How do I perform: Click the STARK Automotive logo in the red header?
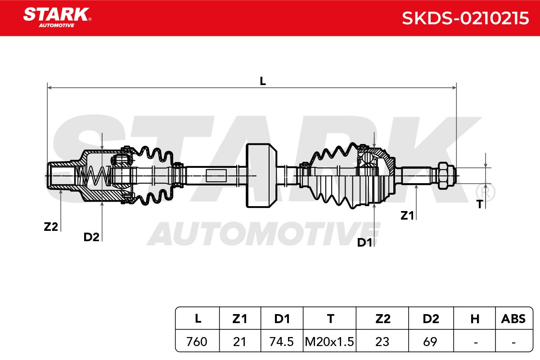(x=57, y=17)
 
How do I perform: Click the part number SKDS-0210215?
(x=465, y=18)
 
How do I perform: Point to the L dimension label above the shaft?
(x=263, y=81)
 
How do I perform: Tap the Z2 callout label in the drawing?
(x=51, y=227)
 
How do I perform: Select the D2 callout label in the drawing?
(x=91, y=237)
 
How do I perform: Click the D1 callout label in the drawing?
(x=364, y=243)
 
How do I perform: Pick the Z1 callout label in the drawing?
(x=407, y=216)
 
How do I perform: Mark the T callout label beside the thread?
(x=480, y=204)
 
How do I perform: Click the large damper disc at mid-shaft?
(x=261, y=175)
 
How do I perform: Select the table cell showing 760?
(x=197, y=342)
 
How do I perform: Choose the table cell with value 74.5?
(x=282, y=342)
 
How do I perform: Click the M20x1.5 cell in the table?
(x=330, y=342)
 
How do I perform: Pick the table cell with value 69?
(x=430, y=342)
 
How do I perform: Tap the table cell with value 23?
(x=382, y=342)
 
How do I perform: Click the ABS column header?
(x=513, y=319)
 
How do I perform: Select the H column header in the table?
(x=474, y=319)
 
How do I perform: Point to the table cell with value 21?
(x=240, y=342)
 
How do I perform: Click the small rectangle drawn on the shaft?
(x=216, y=175)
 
